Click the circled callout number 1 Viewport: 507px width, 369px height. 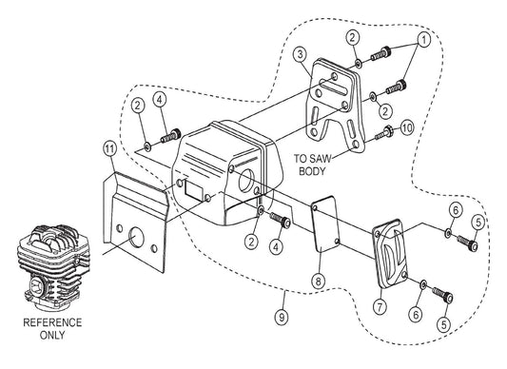click(424, 39)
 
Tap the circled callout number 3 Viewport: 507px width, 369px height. click(301, 54)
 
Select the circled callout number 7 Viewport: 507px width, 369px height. click(380, 305)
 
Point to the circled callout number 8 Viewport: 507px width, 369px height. click(318, 281)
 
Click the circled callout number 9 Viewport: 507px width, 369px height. click(282, 318)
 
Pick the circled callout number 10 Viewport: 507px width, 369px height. click(407, 128)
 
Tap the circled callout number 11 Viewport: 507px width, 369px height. click(110, 149)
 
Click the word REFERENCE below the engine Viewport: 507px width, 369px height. click(52, 322)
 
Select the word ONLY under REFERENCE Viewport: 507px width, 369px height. click(52, 335)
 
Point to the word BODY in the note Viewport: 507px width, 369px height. click(312, 171)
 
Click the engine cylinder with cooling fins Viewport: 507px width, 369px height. click(53, 265)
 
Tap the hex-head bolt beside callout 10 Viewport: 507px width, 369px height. click(383, 133)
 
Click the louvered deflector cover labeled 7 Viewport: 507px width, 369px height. click(391, 253)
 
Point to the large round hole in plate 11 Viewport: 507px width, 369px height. click(136, 237)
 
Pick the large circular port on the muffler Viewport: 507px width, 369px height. click(246, 180)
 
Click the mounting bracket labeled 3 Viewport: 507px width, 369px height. click(333, 104)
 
